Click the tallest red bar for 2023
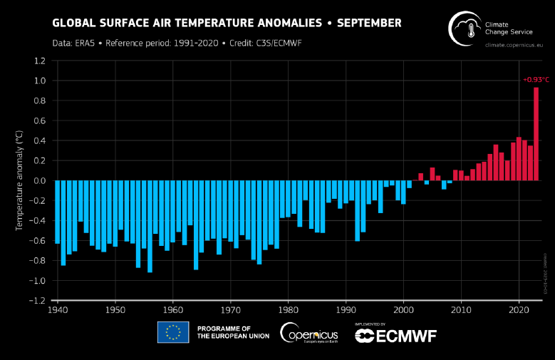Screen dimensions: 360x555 536,133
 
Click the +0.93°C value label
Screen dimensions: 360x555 535,79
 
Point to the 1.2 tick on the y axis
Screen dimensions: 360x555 40,61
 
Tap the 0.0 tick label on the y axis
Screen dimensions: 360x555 40,181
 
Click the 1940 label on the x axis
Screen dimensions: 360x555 58,311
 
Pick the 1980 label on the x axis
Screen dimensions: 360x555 288,311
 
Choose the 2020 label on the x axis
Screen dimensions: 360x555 519,311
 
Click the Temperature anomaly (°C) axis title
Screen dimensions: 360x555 20,181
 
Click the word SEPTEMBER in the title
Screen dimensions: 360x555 369,23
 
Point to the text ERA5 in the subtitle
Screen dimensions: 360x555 88,43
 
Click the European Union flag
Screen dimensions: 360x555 173,332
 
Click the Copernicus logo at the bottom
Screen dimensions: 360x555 308,332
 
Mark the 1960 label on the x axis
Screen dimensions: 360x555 173,311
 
